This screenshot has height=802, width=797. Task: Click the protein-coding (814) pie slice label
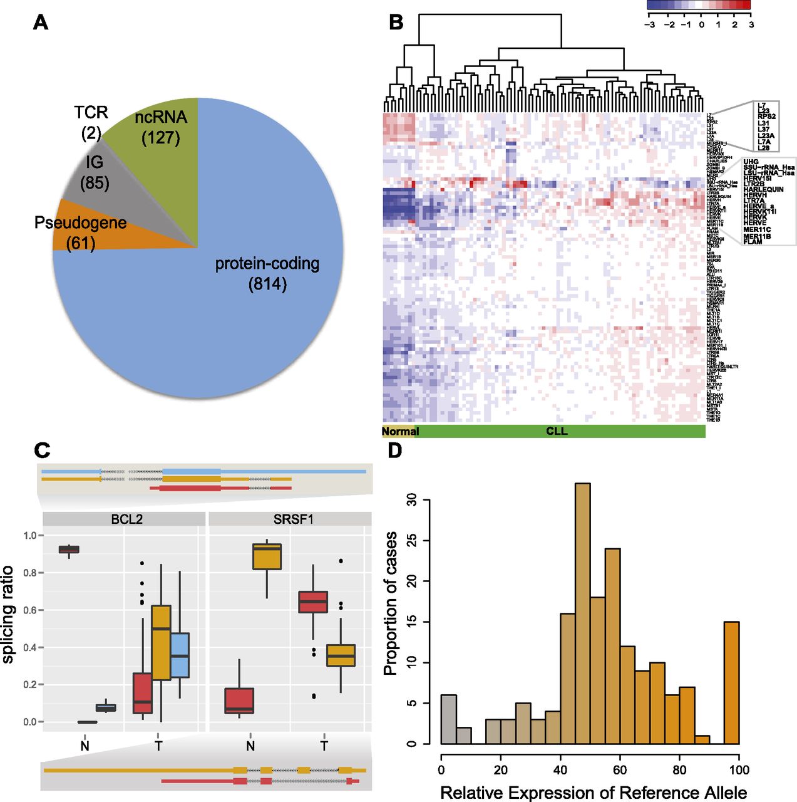click(x=267, y=274)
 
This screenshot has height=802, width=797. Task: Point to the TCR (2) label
click(x=91, y=122)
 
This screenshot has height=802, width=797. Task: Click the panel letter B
click(x=396, y=23)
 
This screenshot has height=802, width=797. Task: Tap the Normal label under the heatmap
click(x=399, y=431)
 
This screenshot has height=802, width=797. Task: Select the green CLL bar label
click(x=557, y=431)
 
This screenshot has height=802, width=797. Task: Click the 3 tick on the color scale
click(x=751, y=25)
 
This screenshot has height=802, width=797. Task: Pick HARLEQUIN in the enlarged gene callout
click(x=763, y=189)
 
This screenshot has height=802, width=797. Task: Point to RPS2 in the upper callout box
click(x=766, y=117)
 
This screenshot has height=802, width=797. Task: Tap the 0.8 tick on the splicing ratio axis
click(x=29, y=573)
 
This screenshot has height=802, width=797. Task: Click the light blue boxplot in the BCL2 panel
click(x=180, y=655)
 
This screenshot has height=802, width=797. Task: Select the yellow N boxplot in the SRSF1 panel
click(x=267, y=556)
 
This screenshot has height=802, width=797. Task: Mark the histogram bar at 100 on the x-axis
click(x=731, y=682)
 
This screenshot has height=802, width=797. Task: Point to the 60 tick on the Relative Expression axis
click(x=620, y=769)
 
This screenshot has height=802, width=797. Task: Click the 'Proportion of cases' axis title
click(x=391, y=603)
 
